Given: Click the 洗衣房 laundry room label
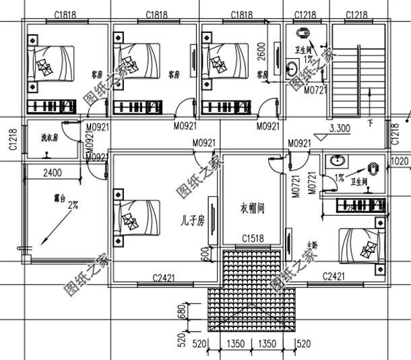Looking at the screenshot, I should (49, 138).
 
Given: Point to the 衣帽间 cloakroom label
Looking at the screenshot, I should (252, 208).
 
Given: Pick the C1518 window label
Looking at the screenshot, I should (253, 239).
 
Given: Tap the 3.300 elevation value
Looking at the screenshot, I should (340, 127).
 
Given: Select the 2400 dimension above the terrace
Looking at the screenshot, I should (53, 173).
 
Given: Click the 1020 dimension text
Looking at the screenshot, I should (399, 161).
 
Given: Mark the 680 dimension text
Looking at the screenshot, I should (181, 310).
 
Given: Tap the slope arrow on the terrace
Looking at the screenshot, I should (51, 229).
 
